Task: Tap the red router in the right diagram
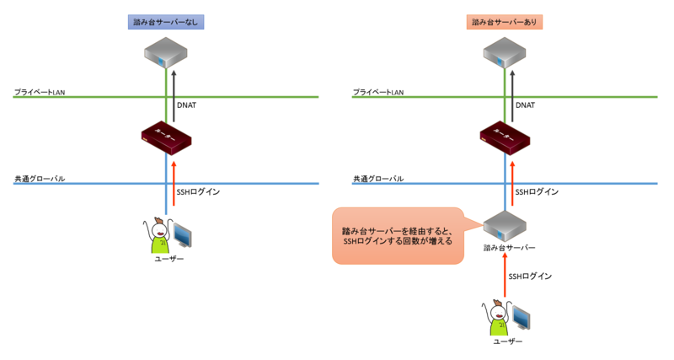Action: [x=505, y=137]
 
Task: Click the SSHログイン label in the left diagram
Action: [x=198, y=192]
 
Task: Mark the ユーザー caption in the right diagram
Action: [x=506, y=341]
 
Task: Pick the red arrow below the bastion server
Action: [x=505, y=277]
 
